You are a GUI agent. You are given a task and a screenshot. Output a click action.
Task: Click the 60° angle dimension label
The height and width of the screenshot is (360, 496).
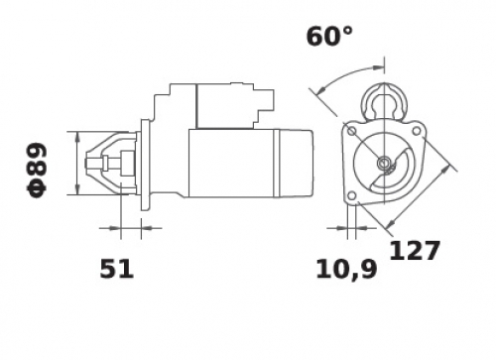coord(329,37)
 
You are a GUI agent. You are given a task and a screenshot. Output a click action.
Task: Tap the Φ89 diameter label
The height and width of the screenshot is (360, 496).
coord(37,170)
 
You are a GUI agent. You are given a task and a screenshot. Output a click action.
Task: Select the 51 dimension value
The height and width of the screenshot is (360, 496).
coord(117,269)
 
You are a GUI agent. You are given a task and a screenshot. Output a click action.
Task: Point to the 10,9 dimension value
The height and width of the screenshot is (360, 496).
coord(346,270)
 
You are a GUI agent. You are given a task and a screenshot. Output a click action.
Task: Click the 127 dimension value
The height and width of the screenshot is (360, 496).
coord(415,251)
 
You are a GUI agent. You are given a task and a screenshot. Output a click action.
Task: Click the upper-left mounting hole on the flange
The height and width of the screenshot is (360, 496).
coord(352,131)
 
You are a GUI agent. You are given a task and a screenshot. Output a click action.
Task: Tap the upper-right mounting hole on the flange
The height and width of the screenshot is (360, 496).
coord(417,131)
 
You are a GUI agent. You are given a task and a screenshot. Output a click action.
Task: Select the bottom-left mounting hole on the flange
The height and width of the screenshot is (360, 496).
coord(352,195)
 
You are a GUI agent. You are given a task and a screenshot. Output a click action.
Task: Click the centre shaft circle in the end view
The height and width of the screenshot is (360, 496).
coord(384,163)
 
